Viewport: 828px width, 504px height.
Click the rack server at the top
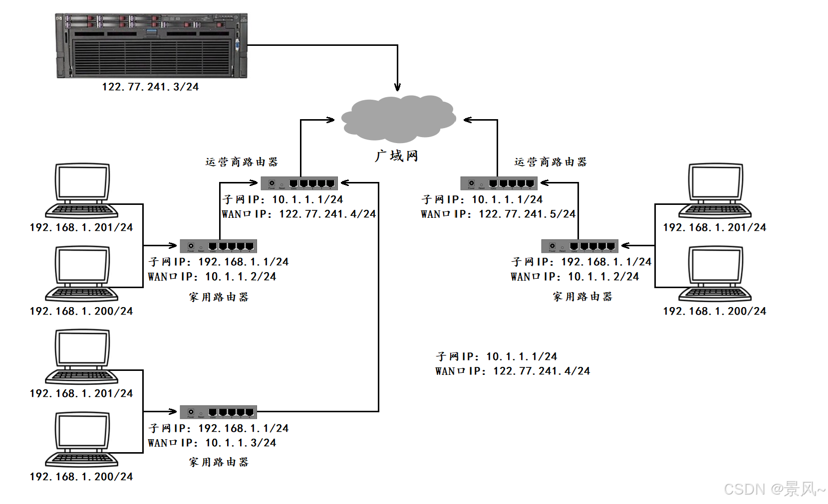pos(151,46)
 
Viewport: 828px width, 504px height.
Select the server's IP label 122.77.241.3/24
pos(150,87)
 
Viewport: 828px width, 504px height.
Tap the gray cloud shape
pos(398,119)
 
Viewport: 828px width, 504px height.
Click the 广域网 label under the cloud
pos(396,156)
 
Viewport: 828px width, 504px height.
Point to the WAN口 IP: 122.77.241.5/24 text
pos(498,214)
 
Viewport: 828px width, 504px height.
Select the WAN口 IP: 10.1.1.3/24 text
pos(212,443)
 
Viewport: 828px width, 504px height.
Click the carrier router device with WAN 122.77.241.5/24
pos(499,183)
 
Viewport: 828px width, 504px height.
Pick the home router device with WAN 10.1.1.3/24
pos(218,412)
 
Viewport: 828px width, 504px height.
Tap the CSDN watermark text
pos(774,489)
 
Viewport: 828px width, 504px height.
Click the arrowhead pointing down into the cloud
pos(397,87)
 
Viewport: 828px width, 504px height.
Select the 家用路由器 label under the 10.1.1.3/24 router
pos(219,462)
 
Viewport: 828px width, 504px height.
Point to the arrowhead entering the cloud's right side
pos(468,120)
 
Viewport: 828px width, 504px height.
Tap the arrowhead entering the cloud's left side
pos(330,120)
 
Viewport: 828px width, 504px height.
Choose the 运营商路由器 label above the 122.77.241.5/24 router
pos(551,162)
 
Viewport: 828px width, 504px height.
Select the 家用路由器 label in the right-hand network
pos(582,297)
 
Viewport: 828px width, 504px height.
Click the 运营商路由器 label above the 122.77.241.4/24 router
pos(242,162)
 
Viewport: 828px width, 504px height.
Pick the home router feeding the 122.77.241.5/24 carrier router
pos(579,246)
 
